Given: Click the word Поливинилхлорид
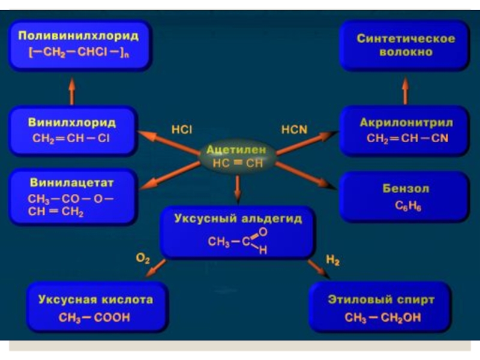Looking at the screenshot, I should tap(79, 36).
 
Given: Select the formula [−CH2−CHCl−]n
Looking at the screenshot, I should tap(79, 52).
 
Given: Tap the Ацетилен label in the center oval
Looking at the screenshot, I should tap(238, 150).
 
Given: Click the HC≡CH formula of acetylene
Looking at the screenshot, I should tap(238, 163).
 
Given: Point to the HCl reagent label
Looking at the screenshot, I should tap(181, 128).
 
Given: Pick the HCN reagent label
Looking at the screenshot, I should tap(294, 128).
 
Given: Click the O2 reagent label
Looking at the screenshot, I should tap(143, 259).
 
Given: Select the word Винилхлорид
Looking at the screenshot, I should tap(72, 122).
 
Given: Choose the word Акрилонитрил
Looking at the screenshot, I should tap(406, 122).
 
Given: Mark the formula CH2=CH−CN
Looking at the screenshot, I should tap(407, 139).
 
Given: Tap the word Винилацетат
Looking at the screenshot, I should tap(71, 182).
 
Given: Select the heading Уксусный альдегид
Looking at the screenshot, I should tap(238, 219).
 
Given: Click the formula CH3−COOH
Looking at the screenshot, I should tap(95, 317).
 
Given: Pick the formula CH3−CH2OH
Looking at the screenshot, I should tap(383, 317).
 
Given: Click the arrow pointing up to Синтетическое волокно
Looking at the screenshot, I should tap(405, 89).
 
